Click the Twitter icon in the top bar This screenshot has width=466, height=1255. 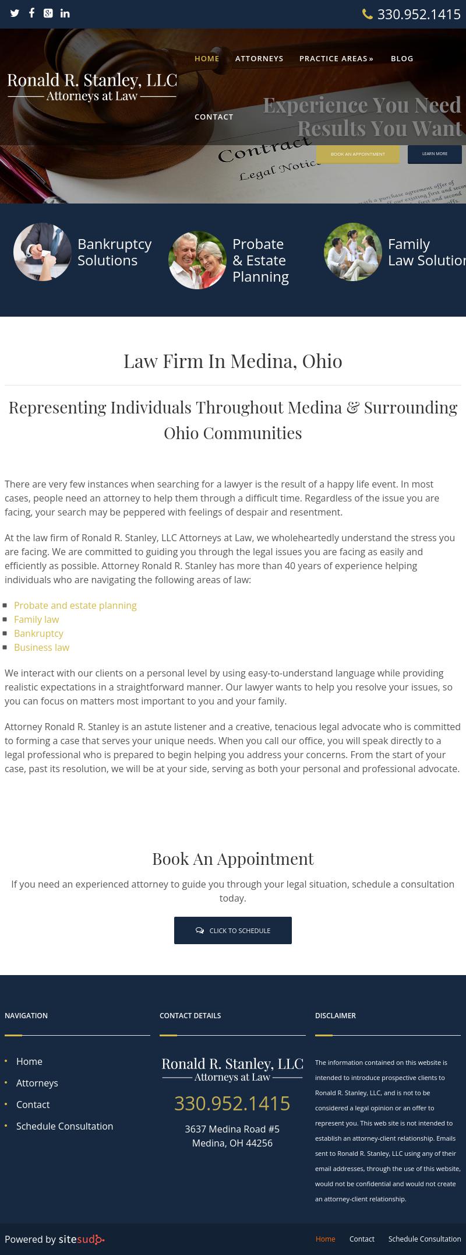tap(15, 13)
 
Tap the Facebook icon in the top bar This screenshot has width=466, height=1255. tap(31, 13)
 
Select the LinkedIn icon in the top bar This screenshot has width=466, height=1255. tap(65, 13)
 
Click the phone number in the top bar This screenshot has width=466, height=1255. tap(418, 15)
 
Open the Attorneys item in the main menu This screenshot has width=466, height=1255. tap(259, 58)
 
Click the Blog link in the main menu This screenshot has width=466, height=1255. tap(402, 58)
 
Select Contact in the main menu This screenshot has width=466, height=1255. tap(214, 117)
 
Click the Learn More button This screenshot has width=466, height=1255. tap(435, 154)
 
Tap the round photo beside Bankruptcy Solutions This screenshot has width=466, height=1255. tap(43, 252)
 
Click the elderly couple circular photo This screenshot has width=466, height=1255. tap(197, 260)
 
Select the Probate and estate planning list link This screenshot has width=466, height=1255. tap(75, 605)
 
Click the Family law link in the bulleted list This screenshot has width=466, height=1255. tap(36, 619)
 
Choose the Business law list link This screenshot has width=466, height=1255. tap(41, 647)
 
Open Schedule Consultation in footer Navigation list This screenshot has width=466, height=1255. tap(65, 1126)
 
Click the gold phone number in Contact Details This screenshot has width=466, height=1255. tap(232, 1103)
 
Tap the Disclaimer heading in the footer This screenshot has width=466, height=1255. tap(336, 1015)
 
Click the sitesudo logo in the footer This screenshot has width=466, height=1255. tap(82, 1239)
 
